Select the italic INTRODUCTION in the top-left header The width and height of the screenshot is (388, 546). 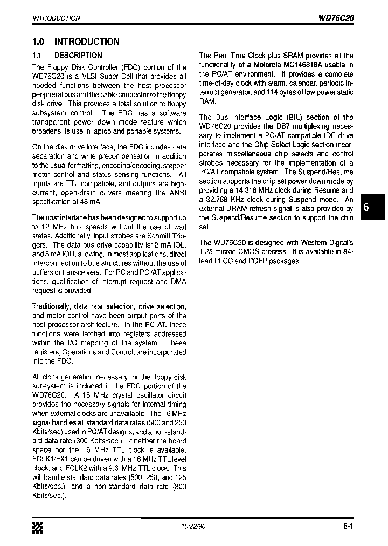click(57, 18)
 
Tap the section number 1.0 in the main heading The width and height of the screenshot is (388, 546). click(38, 42)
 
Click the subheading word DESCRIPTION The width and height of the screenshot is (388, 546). click(78, 55)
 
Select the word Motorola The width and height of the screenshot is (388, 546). click(255, 65)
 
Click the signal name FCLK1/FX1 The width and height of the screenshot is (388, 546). click(48, 459)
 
